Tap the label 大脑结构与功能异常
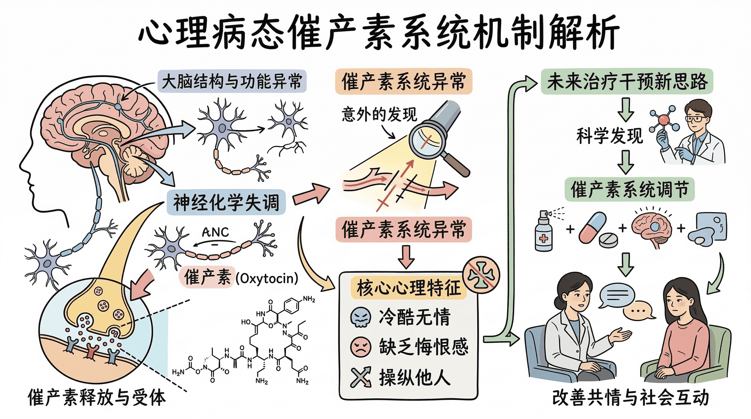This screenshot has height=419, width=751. [x=232, y=82]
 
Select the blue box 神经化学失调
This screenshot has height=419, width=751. [x=226, y=202]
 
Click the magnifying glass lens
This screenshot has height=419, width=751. [x=427, y=140]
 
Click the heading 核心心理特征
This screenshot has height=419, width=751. [x=409, y=288]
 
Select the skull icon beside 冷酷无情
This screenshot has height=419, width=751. [x=360, y=317]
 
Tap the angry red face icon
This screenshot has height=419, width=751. [x=360, y=346]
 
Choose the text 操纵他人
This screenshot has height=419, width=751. [x=415, y=377]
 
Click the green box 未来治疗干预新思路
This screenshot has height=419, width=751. [x=627, y=82]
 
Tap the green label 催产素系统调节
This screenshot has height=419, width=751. [x=629, y=190]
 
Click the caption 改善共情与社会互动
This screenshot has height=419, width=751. [x=630, y=398]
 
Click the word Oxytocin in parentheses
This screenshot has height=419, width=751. [x=267, y=278]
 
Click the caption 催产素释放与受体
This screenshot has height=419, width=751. [x=97, y=398]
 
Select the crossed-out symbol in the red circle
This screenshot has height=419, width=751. [x=481, y=275]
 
